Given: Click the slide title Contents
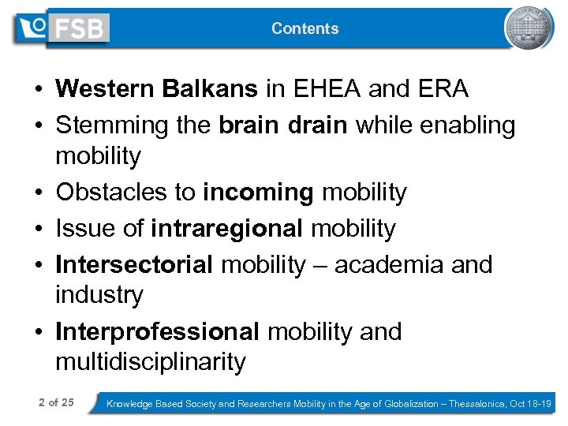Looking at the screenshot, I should pyautogui.click(x=305, y=28).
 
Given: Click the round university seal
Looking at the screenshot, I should pyautogui.click(x=529, y=28).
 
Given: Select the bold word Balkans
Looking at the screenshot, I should pyautogui.click(x=210, y=89).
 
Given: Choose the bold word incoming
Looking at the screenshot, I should pyautogui.click(x=253, y=192).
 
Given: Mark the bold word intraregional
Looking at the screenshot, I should pyautogui.click(x=227, y=229).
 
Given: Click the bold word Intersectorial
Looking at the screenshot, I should pyautogui.click(x=134, y=265).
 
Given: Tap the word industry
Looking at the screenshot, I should pyautogui.click(x=99, y=295).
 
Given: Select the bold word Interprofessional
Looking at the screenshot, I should pyautogui.click(x=157, y=332).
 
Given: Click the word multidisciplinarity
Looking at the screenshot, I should pyautogui.click(x=151, y=362).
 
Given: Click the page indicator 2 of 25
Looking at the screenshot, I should pyautogui.click(x=56, y=403).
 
